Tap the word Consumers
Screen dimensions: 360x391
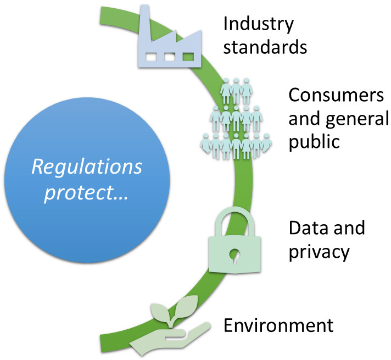pyautogui.click(x=336, y=95)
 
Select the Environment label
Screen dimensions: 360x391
pyautogui.click(x=278, y=325)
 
